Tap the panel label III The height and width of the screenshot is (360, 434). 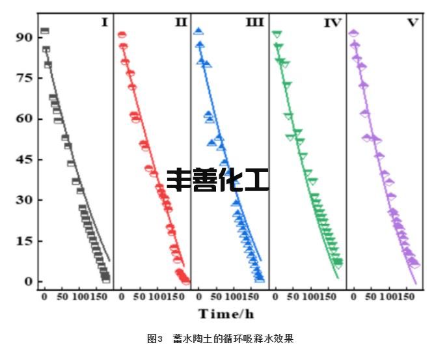click(254, 23)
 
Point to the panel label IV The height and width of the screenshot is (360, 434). click(332, 23)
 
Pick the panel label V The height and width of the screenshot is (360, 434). click(413, 23)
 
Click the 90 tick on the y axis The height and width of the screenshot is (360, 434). click(23, 37)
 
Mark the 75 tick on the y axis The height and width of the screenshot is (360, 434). click(23, 77)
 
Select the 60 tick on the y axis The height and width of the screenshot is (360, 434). click(23, 118)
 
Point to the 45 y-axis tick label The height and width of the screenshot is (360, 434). click(23, 159)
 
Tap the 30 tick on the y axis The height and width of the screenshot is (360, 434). click(23, 200)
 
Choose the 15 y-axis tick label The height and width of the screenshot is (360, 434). click(23, 241)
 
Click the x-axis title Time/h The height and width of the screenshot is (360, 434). click(226, 314)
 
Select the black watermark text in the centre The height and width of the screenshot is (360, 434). click(217, 180)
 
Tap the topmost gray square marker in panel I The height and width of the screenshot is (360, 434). click(44, 31)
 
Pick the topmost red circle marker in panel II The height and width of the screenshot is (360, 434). click(122, 35)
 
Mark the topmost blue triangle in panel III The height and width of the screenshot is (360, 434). click(198, 31)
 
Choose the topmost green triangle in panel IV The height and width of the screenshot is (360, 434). click(277, 34)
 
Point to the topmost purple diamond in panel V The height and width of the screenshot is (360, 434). click(353, 33)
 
